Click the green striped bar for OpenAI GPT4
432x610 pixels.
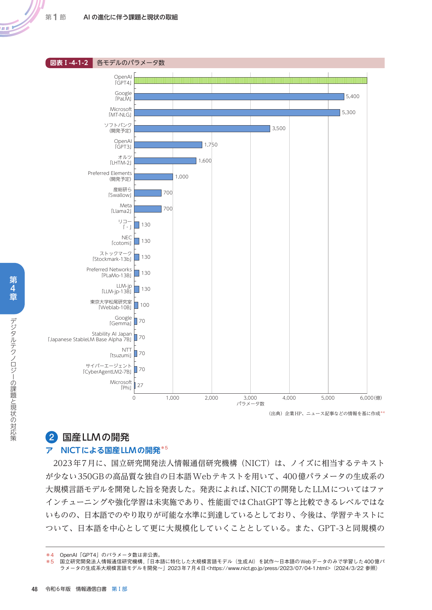[250, 80]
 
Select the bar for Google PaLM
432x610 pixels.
[239, 97]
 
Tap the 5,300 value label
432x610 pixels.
[348, 112]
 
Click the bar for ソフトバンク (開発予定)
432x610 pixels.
[202, 129]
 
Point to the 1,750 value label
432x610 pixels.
[211, 145]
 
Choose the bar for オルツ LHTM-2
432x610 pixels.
[165, 161]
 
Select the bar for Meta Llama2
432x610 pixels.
[148, 209]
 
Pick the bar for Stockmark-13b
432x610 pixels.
[137, 257]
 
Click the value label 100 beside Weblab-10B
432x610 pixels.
[144, 305]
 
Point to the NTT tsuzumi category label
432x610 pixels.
[121, 353]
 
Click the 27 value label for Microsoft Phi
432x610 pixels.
[140, 385]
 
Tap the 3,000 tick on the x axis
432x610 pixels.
[250, 398]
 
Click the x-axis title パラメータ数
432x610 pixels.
[250, 404]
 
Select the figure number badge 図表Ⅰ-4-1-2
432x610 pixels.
[69, 63]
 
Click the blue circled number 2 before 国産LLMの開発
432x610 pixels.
[52, 437]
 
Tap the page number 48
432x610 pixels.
[34, 589]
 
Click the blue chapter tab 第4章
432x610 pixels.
[13, 288]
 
